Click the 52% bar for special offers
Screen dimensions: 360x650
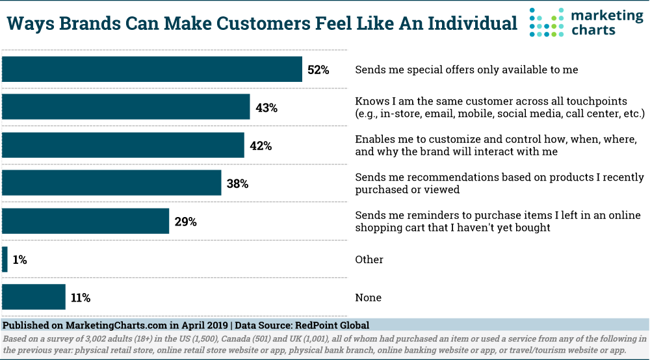point(152,70)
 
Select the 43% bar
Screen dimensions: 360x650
point(126,107)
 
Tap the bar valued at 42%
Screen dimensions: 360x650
point(123,146)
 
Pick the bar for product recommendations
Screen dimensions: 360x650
point(112,183)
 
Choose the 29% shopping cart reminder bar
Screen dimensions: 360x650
point(86,222)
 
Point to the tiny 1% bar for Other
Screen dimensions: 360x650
point(5,259)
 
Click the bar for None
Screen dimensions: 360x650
point(34,298)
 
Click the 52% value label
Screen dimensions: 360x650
point(318,70)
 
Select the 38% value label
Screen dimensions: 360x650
point(237,183)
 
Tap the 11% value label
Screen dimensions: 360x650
point(81,298)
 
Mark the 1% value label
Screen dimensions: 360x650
point(19,259)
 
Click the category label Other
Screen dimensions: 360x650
point(369,259)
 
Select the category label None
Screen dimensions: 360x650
point(368,298)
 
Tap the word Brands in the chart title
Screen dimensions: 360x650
point(86,24)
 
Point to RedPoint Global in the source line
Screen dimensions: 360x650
point(333,325)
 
